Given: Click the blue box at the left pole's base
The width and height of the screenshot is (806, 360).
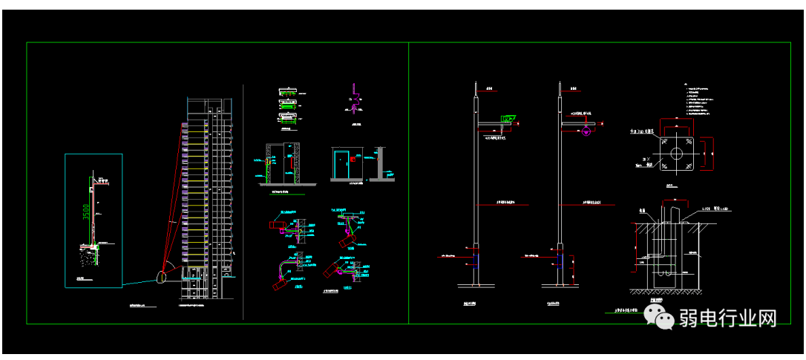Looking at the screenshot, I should (x=476, y=258).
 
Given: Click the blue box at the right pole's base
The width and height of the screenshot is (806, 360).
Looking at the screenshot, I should (x=560, y=258).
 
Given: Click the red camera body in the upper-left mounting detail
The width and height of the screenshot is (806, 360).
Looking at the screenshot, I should (x=277, y=223).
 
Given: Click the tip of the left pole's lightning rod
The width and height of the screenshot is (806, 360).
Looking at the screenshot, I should (x=475, y=81).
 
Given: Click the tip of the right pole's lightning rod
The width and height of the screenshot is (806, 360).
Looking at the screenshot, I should (x=559, y=81).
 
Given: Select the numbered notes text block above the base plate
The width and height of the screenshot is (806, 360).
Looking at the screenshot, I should (x=701, y=101).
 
